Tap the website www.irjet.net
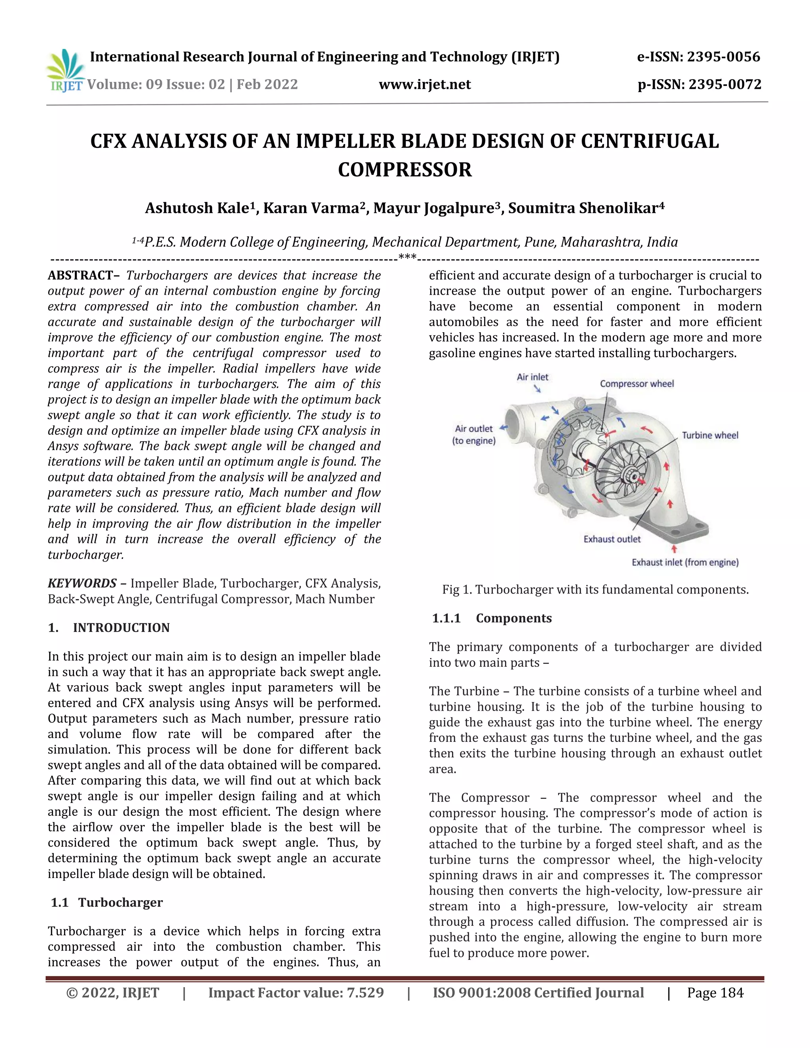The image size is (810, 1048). click(425, 85)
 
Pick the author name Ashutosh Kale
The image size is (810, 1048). click(198, 208)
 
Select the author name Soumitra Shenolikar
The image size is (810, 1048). click(585, 208)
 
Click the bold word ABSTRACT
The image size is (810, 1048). click(81, 275)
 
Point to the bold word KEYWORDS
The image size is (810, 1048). click(82, 583)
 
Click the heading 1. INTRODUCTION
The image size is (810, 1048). click(109, 628)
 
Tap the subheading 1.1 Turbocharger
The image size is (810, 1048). click(107, 902)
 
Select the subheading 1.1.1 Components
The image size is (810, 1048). click(492, 618)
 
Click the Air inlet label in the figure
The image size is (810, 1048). click(532, 377)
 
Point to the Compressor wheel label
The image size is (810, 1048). click(637, 384)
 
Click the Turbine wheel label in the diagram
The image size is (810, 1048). click(710, 435)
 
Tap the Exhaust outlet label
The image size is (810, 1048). click(612, 539)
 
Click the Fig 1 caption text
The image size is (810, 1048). click(595, 590)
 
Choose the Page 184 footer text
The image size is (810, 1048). click(715, 993)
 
